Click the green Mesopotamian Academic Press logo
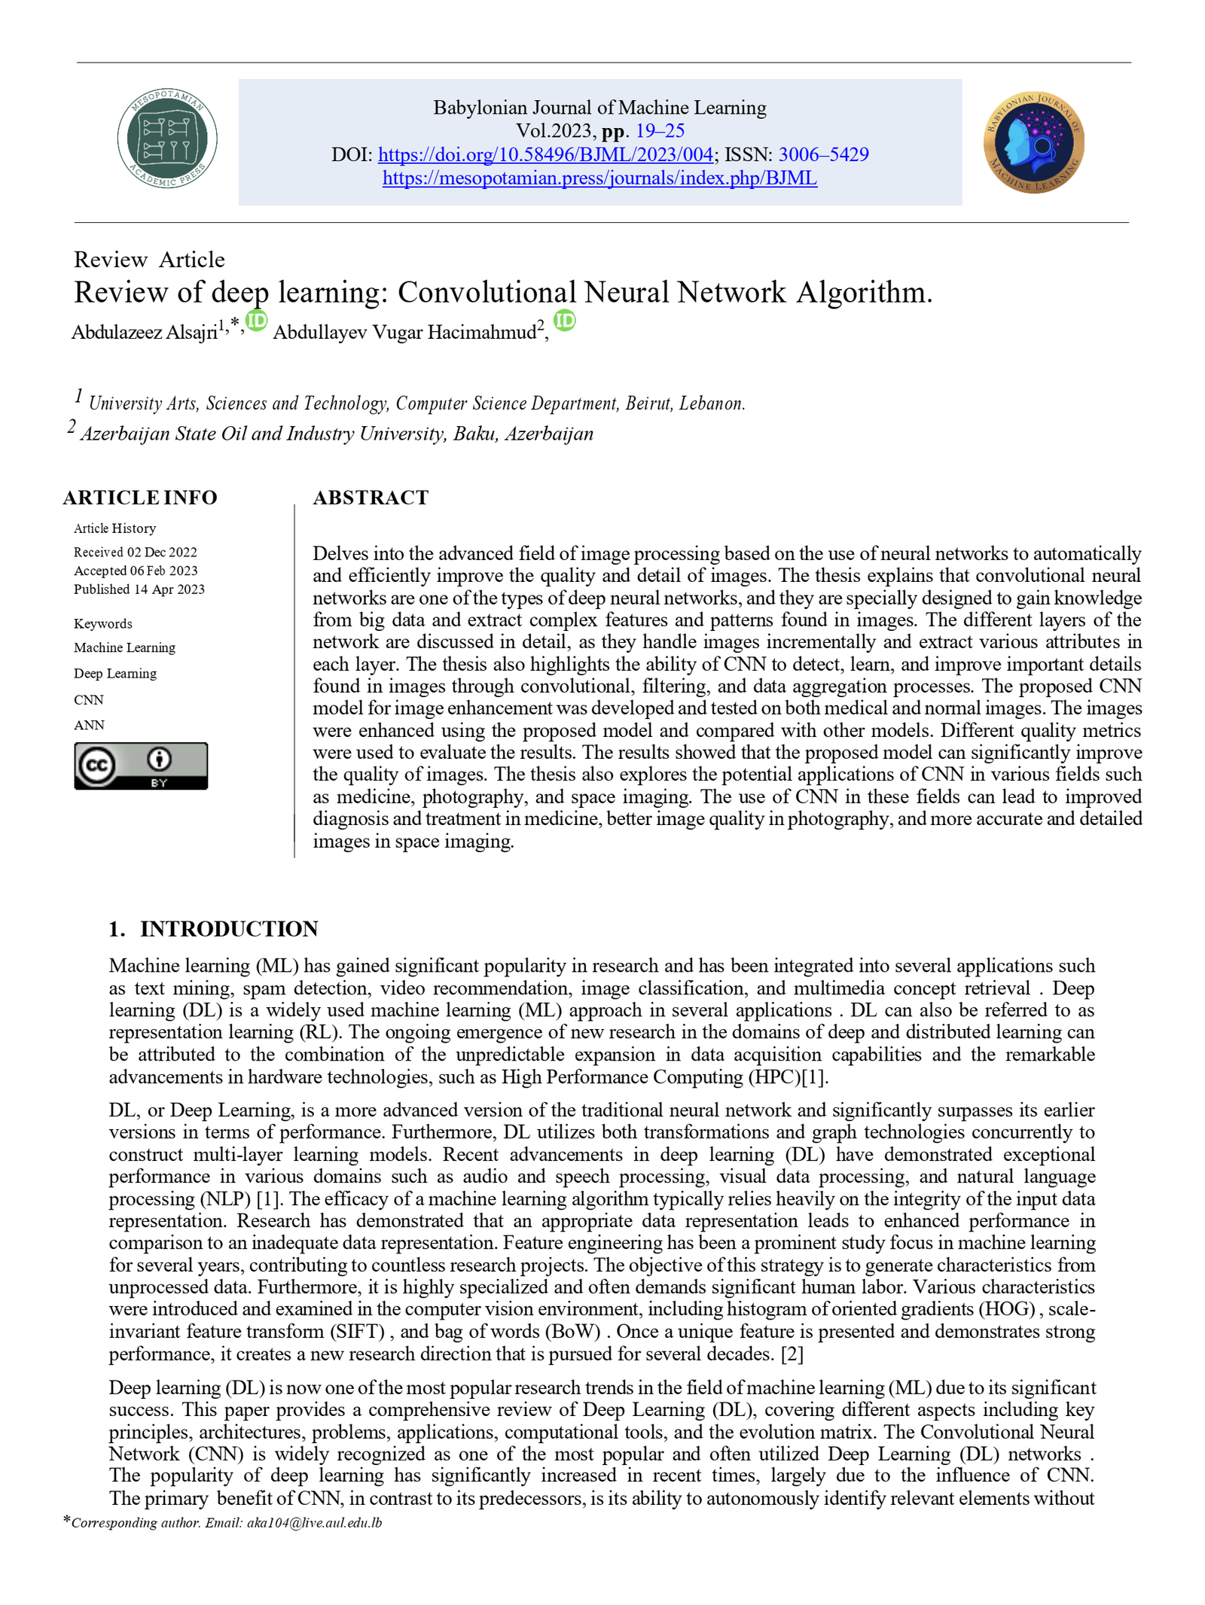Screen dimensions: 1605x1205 (166, 138)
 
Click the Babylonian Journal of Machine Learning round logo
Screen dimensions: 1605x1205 (1033, 142)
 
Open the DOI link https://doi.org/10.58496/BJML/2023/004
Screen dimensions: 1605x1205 (545, 154)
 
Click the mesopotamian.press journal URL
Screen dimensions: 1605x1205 (599, 178)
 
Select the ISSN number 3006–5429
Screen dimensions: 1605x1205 (823, 154)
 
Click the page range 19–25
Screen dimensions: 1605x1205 (660, 131)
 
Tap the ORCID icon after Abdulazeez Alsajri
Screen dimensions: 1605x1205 (257, 321)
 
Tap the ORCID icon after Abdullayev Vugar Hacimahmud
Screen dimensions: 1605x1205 (564, 321)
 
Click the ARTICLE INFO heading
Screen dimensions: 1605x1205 (140, 498)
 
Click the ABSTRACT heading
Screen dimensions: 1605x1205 (371, 498)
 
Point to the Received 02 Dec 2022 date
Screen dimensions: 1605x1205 (136, 552)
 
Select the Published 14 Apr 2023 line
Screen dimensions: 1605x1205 (139, 589)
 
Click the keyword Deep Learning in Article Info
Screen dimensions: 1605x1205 (115, 673)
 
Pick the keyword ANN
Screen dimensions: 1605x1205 (89, 725)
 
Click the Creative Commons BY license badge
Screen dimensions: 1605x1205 (140, 766)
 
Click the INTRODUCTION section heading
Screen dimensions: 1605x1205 (228, 928)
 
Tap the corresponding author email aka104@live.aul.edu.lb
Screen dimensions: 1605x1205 (314, 1522)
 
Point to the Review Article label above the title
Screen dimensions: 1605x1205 (149, 260)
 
